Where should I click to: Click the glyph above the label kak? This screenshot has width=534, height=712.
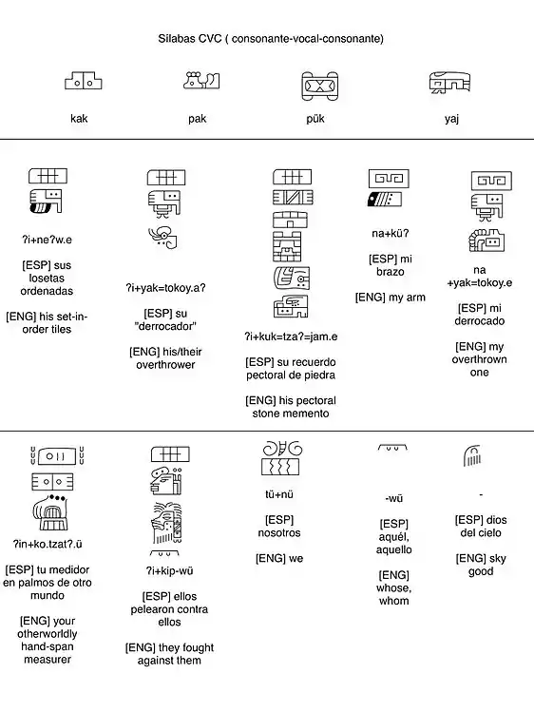pyautogui.click(x=84, y=81)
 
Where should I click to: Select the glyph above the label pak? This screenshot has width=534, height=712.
pyautogui.click(x=201, y=80)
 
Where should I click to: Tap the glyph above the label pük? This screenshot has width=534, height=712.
pyautogui.click(x=320, y=86)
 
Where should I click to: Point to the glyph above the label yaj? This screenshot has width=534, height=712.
pyautogui.click(x=449, y=83)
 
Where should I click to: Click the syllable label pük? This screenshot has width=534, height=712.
pyautogui.click(x=315, y=119)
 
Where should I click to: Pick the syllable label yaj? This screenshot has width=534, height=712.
pyautogui.click(x=451, y=120)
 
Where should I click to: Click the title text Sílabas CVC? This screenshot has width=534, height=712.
pyautogui.click(x=190, y=39)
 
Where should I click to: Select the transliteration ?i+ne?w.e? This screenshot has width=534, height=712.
pyautogui.click(x=48, y=240)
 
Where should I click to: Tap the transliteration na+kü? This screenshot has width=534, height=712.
pyautogui.click(x=391, y=234)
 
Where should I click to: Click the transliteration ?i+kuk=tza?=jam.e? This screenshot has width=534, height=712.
pyautogui.click(x=291, y=337)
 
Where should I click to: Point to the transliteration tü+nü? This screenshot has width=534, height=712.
pyautogui.click(x=279, y=494)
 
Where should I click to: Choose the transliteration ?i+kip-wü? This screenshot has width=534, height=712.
pyautogui.click(x=170, y=570)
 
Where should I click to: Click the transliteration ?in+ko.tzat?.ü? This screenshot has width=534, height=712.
pyautogui.click(x=48, y=544)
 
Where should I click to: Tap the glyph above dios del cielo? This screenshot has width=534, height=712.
pyautogui.click(x=472, y=455)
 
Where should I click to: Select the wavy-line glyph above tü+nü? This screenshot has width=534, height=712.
pyautogui.click(x=280, y=467)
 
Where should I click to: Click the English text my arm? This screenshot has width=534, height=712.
pyautogui.click(x=403, y=298)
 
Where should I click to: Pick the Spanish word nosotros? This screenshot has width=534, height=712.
pyautogui.click(x=279, y=533)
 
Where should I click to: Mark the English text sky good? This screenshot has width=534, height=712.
pyautogui.click(x=481, y=565)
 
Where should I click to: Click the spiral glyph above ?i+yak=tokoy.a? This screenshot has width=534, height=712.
pyautogui.click(x=162, y=238)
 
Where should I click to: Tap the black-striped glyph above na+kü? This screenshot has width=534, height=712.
pyautogui.click(x=385, y=199)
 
